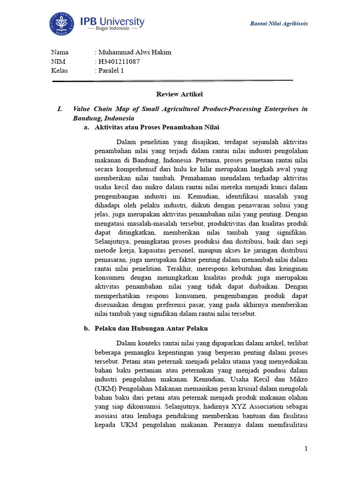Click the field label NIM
click(58, 61)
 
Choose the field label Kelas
click(59, 71)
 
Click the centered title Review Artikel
click(180, 94)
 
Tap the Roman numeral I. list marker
click(60, 109)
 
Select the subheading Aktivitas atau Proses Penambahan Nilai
click(157, 127)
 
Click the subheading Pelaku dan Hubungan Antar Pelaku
click(151, 328)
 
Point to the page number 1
click(306, 449)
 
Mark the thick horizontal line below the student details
click(172, 81)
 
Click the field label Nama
click(60, 52)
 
